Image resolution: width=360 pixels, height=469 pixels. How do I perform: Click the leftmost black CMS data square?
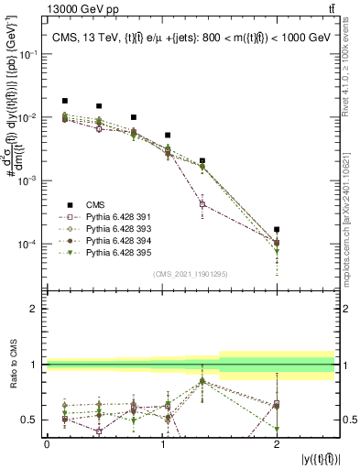[64, 101]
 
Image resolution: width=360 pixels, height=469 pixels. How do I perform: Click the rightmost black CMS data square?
[277, 229]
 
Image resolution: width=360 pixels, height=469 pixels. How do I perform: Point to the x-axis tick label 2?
[277, 443]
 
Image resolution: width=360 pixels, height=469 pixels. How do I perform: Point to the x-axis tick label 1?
[162, 443]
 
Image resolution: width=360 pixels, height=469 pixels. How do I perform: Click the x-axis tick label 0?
[48, 443]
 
